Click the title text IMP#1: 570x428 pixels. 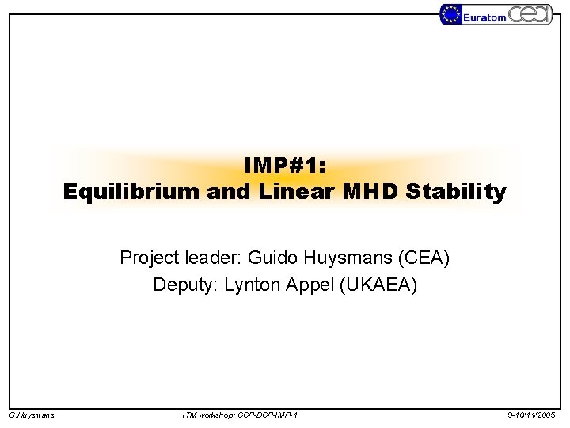(x=285, y=164)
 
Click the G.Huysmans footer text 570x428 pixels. (x=32, y=415)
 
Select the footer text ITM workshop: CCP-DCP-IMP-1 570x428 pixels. (x=240, y=415)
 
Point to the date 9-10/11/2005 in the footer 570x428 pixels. (x=532, y=415)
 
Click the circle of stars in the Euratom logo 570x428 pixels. (x=451, y=14)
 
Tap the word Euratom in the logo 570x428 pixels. (x=484, y=17)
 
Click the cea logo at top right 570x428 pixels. (x=530, y=14)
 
